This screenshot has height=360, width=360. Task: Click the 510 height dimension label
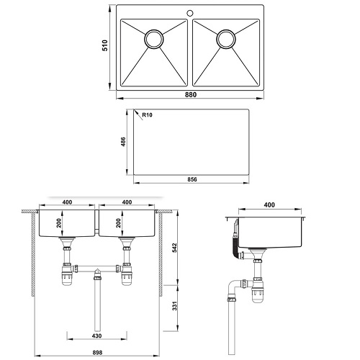tap(105, 45)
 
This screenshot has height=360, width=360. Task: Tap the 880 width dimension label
tap(191, 95)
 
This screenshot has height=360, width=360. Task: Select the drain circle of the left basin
tap(154, 39)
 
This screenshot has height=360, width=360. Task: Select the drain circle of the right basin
tap(226, 39)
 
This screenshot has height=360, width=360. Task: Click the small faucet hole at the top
tap(190, 13)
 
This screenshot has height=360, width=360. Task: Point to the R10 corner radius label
tap(147, 115)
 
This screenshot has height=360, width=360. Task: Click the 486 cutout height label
tap(123, 142)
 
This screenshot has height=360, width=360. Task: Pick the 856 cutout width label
tap(192, 179)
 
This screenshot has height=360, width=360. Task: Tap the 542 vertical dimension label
tap(174, 248)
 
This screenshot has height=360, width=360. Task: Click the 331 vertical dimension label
tap(174, 306)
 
